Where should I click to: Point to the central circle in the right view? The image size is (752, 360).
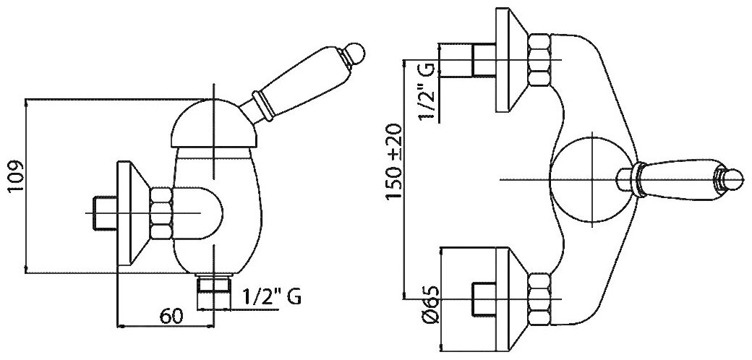point(590,178)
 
